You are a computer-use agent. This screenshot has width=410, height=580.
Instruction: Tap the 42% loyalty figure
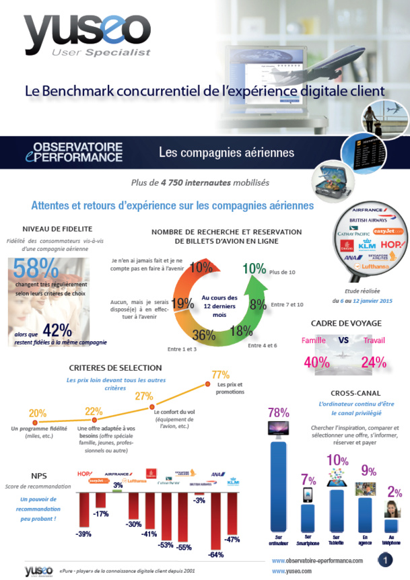point(58,329)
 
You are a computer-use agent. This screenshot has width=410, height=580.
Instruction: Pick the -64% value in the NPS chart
point(216,554)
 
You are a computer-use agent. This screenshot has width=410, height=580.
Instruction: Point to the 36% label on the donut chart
point(199,334)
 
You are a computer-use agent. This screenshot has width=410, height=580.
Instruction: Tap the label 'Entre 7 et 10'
point(287,305)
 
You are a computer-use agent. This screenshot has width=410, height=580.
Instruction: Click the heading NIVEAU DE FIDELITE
point(57,228)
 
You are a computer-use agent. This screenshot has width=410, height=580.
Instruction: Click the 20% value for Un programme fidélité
point(38,413)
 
